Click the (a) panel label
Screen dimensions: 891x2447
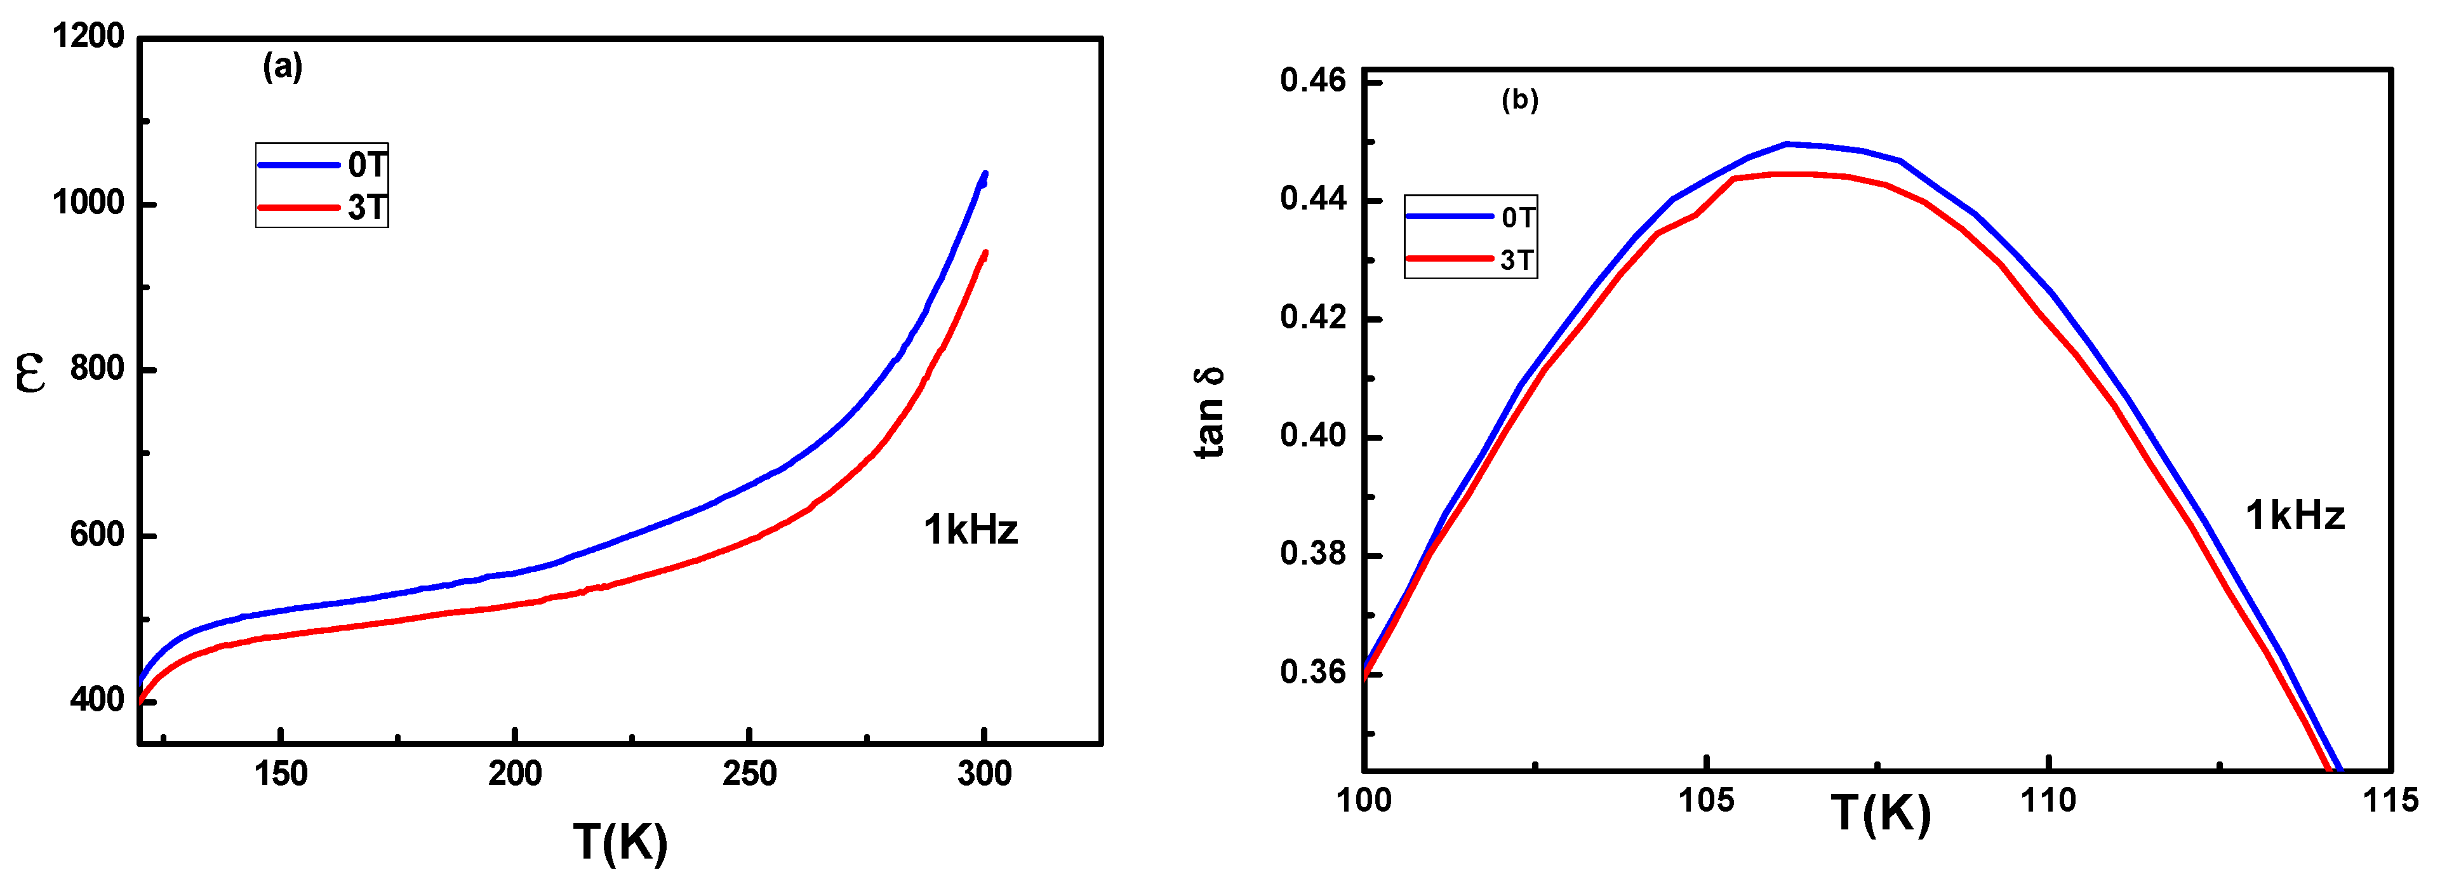282,67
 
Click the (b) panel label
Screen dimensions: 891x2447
1519,100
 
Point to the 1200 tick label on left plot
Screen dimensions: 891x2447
88,36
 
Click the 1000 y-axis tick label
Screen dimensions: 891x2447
88,203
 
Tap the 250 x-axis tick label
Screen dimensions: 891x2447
749,774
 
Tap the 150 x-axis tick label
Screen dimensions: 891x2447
280,774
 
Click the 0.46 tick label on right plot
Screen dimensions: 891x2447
1313,81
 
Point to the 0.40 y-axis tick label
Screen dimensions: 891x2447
1313,436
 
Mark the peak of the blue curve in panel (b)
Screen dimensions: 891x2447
1787,144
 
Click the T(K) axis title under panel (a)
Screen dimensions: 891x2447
620,841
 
